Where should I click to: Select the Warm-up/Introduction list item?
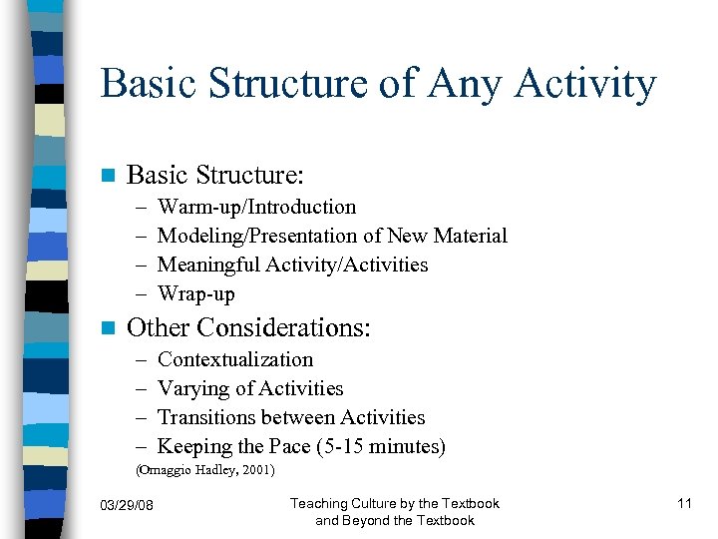(x=256, y=208)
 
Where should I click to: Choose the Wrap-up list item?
(x=196, y=294)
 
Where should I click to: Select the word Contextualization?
(x=235, y=359)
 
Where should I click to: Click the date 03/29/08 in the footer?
(x=129, y=504)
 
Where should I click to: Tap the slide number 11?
(x=684, y=503)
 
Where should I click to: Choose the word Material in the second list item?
(x=468, y=237)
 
